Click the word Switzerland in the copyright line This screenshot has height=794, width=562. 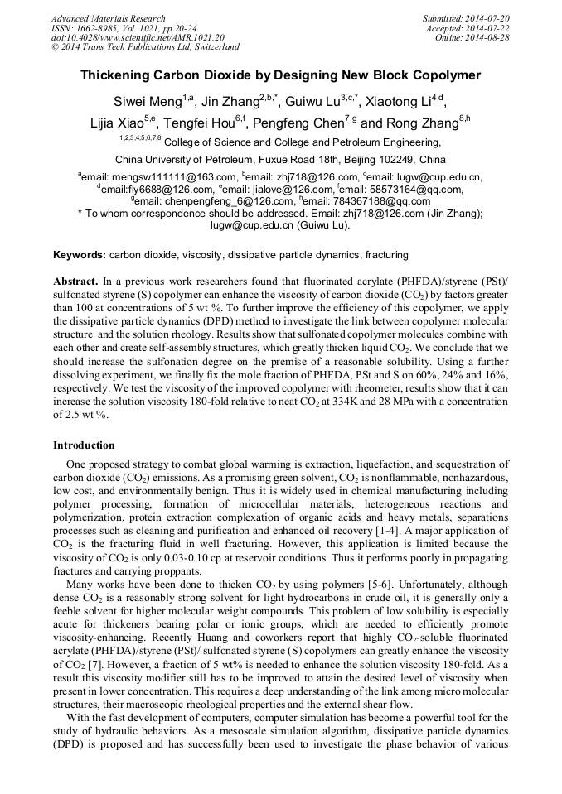pos(213,48)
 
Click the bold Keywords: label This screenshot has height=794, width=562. pos(79,255)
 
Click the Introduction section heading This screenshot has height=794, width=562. pos(84,445)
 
